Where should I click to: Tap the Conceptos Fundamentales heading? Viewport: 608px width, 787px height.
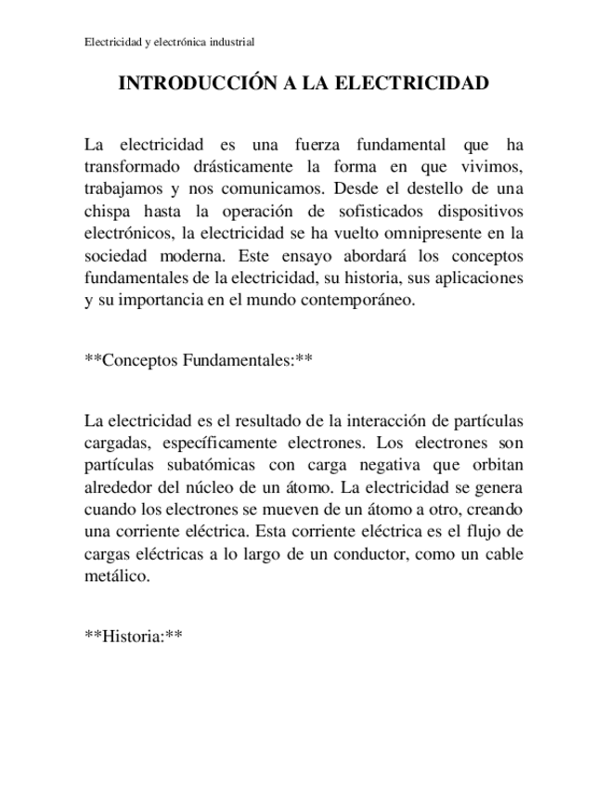pos(198,361)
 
